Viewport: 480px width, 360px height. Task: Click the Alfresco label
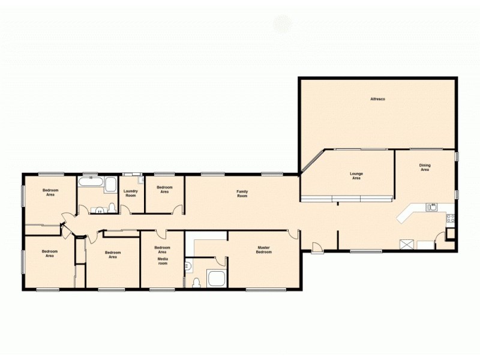(377, 98)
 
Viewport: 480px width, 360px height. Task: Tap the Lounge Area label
(356, 176)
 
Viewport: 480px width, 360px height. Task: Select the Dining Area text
(425, 167)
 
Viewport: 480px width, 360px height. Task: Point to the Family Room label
(242, 194)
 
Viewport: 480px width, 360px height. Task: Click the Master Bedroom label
(265, 250)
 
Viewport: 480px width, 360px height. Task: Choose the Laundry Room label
(131, 193)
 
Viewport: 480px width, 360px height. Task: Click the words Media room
(163, 261)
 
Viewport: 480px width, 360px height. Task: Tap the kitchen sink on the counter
(431, 207)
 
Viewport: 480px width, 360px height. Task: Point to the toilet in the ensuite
(196, 281)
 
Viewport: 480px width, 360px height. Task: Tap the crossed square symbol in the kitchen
(407, 244)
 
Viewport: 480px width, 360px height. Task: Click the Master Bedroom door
(292, 235)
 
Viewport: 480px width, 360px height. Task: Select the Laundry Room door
(126, 209)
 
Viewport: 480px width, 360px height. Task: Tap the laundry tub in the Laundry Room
(140, 178)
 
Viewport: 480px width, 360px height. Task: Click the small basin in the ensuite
(188, 264)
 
